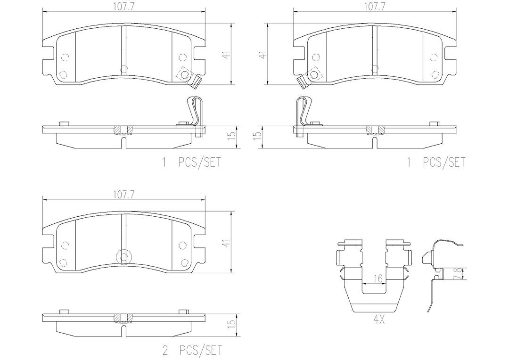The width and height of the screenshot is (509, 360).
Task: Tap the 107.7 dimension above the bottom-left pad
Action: pos(124,195)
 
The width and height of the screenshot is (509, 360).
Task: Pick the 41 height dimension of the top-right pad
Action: pos(264,54)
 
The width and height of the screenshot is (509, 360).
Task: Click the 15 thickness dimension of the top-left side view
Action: pos(231,135)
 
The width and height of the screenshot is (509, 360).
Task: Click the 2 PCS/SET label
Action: pos(192,350)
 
